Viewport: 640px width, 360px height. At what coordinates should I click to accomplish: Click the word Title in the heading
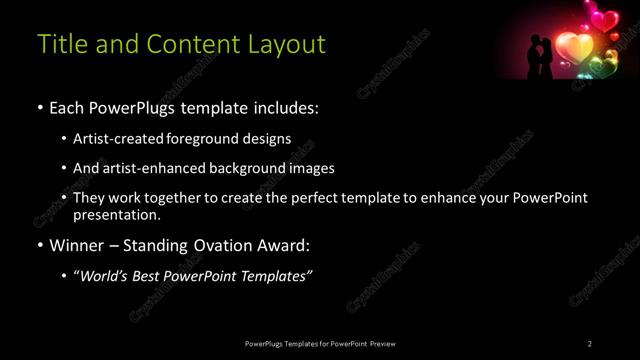pyautogui.click(x=60, y=45)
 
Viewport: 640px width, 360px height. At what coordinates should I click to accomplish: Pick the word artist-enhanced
pyautogui.click(x=164, y=168)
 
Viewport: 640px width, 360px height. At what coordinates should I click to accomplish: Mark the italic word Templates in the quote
pyautogui.click(x=274, y=276)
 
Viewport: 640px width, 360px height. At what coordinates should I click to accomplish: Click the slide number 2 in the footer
pyautogui.click(x=590, y=344)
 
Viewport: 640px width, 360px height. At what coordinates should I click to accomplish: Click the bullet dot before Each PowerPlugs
pyautogui.click(x=39, y=107)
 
